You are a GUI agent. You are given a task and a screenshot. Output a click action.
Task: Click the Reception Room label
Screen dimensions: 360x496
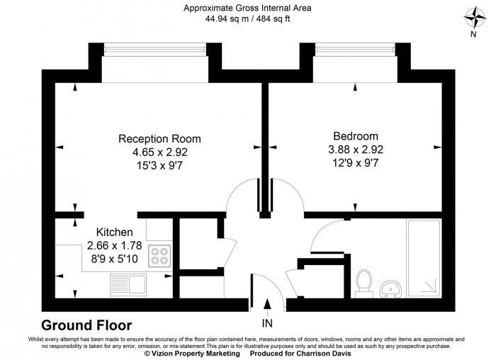[159, 138]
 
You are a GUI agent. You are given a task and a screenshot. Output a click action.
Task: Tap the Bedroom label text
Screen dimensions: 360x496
[356, 136]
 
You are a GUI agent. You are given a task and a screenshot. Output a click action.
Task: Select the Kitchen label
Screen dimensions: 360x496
[115, 232]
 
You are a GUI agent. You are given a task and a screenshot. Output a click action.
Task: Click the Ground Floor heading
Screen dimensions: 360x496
[86, 326]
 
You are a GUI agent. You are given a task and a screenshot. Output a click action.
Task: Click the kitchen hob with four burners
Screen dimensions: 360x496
[159, 255]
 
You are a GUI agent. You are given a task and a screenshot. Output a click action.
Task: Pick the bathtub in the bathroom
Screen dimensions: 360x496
[425, 259]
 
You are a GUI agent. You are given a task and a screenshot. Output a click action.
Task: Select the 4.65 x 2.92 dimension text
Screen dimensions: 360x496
[159, 152]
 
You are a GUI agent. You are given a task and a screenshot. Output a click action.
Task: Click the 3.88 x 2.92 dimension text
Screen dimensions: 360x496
[356, 150]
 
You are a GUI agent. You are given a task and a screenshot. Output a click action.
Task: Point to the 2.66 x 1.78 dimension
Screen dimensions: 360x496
[115, 245]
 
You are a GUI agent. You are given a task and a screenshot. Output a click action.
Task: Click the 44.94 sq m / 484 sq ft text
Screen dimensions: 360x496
[247, 19]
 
